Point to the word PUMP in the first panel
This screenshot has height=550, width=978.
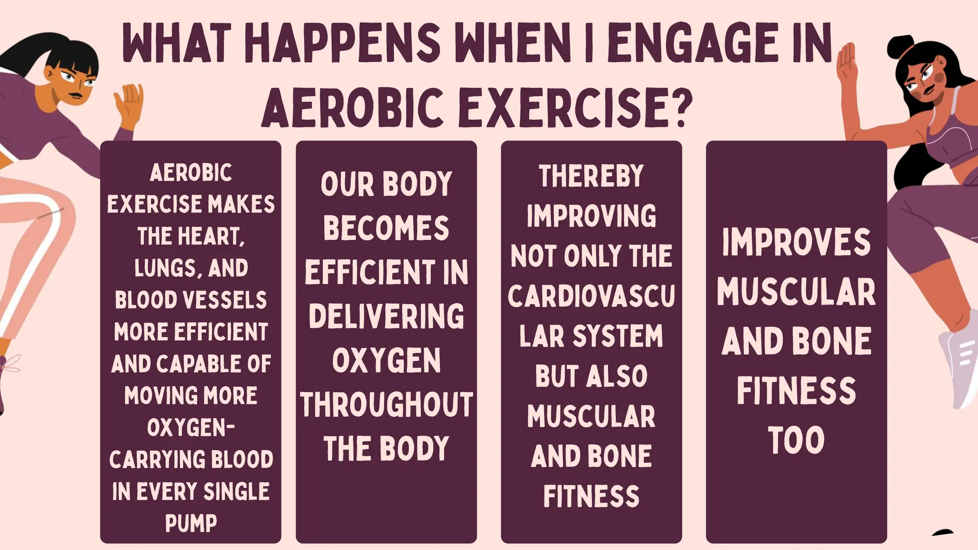click(x=191, y=523)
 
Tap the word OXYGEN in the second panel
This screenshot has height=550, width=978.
click(x=386, y=360)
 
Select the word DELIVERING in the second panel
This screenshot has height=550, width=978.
click(x=386, y=316)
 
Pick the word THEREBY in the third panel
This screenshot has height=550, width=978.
click(x=591, y=176)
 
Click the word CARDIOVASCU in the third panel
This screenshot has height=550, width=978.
click(x=591, y=296)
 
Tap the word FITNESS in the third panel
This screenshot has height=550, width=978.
click(x=591, y=496)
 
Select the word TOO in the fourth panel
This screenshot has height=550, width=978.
click(x=796, y=440)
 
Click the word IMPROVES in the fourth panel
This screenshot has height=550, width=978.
click(x=796, y=243)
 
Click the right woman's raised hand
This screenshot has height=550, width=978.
click(x=846, y=64)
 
